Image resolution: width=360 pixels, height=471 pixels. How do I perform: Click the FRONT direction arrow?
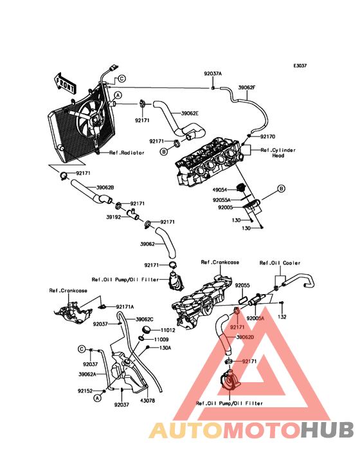pyautogui.click(x=64, y=83)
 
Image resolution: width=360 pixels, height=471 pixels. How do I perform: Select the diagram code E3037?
pyautogui.click(x=300, y=66)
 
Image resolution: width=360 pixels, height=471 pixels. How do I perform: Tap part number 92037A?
pyautogui.click(x=213, y=73)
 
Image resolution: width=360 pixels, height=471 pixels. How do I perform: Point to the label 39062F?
pyautogui.click(x=247, y=88)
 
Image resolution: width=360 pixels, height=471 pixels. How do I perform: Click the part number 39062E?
pyautogui.click(x=190, y=113)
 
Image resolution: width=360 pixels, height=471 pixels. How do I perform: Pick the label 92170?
pyautogui.click(x=267, y=136)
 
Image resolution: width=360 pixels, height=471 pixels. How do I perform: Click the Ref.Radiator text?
pyautogui.click(x=127, y=152)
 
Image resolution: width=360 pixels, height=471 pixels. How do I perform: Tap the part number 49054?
pyautogui.click(x=220, y=190)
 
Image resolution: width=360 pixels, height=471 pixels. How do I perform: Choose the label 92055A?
pyautogui.click(x=222, y=199)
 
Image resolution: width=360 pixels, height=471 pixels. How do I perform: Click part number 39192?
pyautogui.click(x=113, y=217)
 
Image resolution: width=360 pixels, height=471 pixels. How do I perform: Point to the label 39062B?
pyautogui.click(x=105, y=187)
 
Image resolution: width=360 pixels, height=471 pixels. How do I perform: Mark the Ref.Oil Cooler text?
pyautogui.click(x=280, y=263)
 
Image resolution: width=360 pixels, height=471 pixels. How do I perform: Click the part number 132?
pyautogui.click(x=282, y=317)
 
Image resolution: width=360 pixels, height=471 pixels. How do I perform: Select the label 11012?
pyautogui.click(x=168, y=330)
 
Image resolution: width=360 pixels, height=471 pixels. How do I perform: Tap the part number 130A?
pyautogui.click(x=165, y=348)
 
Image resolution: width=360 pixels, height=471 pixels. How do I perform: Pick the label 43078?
pyautogui.click(x=147, y=401)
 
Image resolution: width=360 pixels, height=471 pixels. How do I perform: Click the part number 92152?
pyautogui.click(x=85, y=391)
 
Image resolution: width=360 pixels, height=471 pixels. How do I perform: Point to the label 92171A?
pyautogui.click(x=125, y=307)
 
